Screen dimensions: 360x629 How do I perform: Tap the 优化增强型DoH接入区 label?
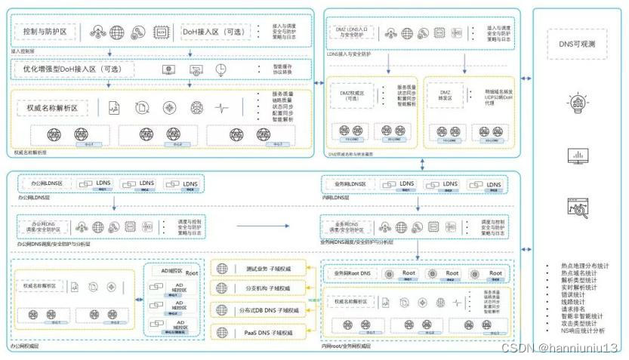pyautogui.click(x=73, y=69)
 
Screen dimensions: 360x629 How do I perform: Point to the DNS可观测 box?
pyautogui.click(x=577, y=45)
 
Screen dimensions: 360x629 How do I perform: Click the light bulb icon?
pyautogui.click(x=578, y=103)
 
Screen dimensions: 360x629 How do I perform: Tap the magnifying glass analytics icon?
pyautogui.click(x=578, y=206)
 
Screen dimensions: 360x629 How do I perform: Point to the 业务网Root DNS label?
pyautogui.click(x=351, y=272)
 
